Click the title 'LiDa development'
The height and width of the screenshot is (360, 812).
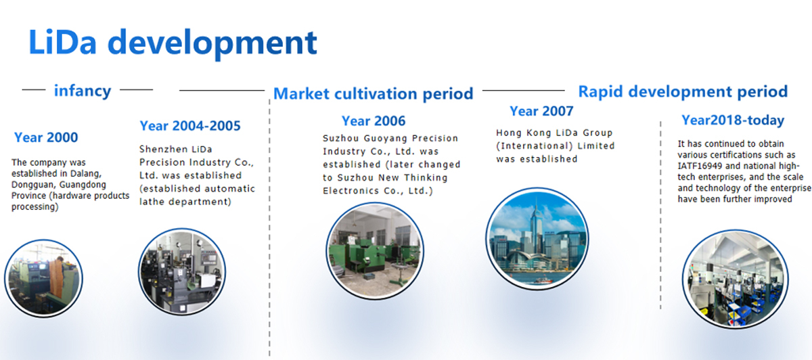tap(173, 43)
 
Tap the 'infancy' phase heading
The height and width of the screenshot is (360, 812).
tap(83, 91)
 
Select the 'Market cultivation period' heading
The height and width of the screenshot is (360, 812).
tap(374, 94)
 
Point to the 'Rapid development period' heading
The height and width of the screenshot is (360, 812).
tap(683, 92)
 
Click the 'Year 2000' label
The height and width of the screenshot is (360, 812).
tap(46, 137)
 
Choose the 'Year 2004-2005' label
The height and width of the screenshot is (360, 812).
tap(190, 126)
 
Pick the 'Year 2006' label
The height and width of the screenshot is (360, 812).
tap(374, 120)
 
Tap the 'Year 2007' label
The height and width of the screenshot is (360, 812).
tap(541, 111)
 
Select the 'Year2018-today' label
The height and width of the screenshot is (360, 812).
tap(733, 120)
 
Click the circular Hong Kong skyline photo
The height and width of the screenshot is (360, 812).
tap(537, 238)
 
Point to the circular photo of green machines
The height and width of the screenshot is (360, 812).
tap(375, 250)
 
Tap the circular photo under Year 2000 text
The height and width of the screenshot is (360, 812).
tap(43, 278)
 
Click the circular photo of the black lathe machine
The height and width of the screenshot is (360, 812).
tap(182, 271)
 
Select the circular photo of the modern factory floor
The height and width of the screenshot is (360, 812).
tap(735, 279)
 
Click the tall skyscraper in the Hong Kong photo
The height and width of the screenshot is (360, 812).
tap(535, 232)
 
